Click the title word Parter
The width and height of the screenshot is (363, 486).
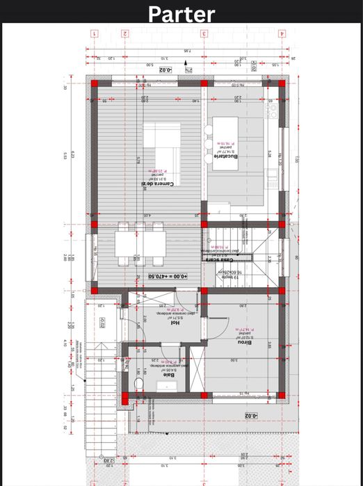181,14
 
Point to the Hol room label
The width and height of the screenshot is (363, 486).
175,322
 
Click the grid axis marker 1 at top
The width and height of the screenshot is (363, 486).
94,33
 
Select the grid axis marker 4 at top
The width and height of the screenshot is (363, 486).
282,33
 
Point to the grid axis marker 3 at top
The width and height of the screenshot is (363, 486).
204,33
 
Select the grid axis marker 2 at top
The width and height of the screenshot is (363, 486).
125,33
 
